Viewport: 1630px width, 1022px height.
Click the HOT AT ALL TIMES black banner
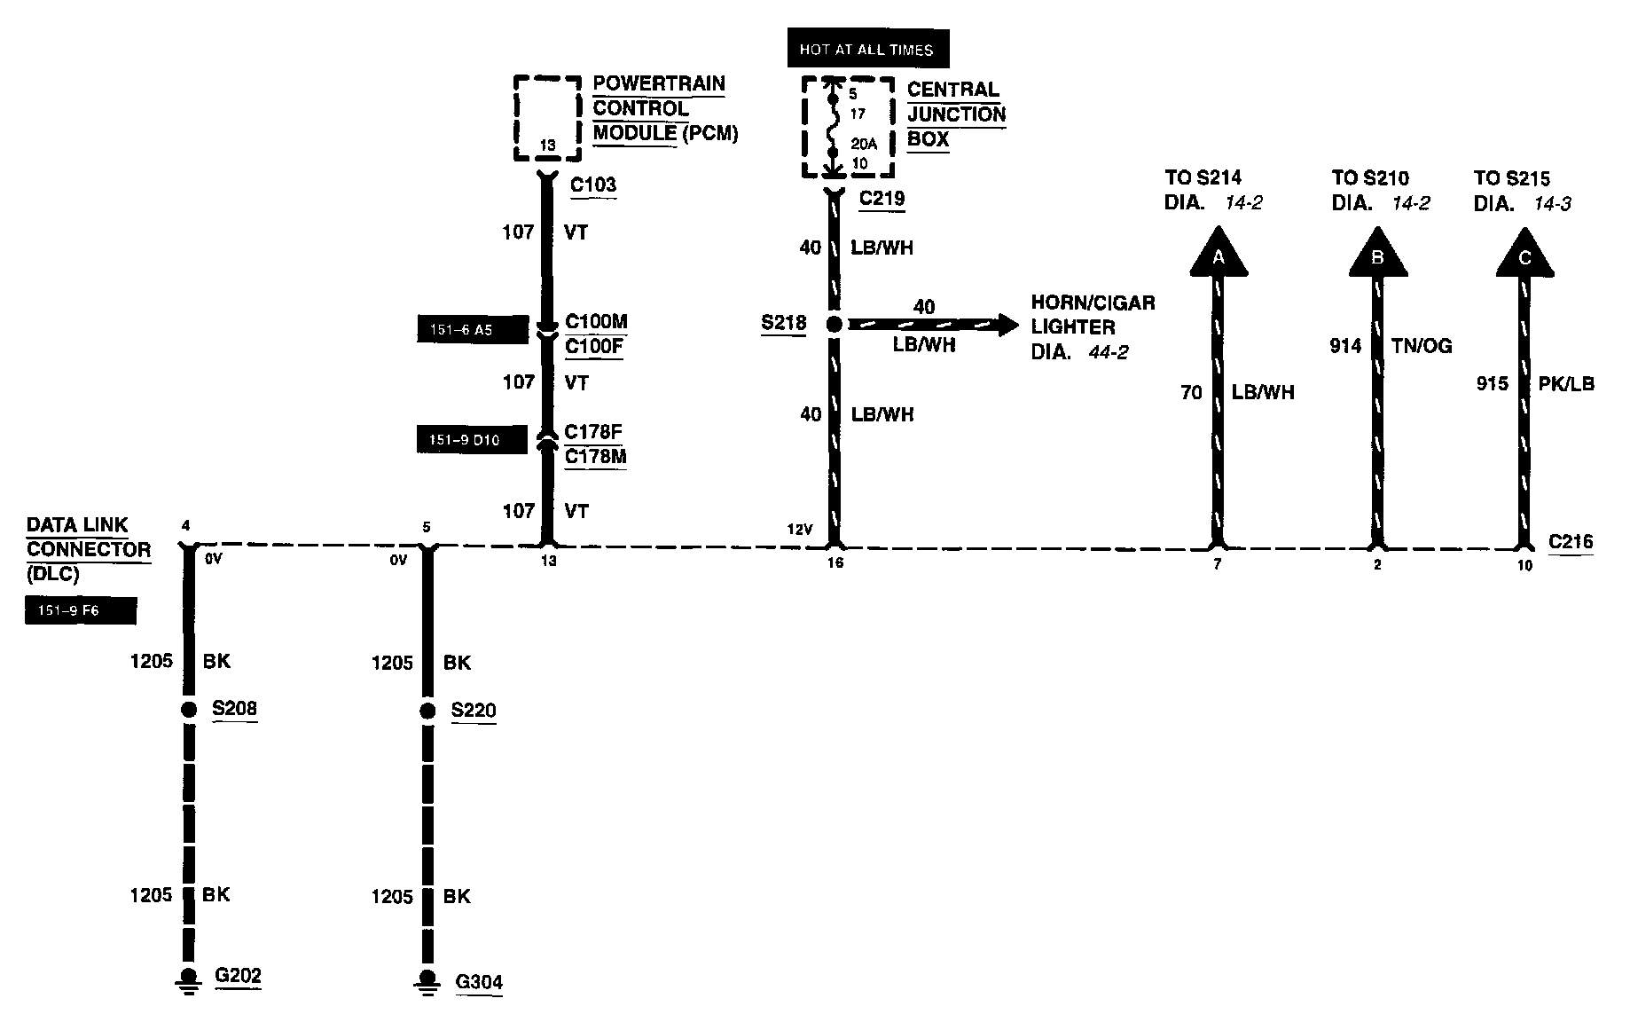coord(867,50)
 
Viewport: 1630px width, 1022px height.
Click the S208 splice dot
coord(188,709)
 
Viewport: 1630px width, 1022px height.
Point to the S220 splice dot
coord(427,711)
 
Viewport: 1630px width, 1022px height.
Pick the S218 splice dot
coord(834,325)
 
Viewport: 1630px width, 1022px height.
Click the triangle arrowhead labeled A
coord(1218,253)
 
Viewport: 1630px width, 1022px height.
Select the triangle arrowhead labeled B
coord(1377,254)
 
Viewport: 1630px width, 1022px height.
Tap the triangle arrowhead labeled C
coord(1524,254)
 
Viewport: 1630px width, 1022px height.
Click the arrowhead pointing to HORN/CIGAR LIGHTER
coord(1008,325)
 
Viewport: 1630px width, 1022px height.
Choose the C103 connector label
coord(592,185)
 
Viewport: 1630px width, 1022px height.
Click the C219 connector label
coord(882,198)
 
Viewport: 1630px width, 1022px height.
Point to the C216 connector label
coord(1571,541)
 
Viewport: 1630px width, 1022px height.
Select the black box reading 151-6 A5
coord(473,330)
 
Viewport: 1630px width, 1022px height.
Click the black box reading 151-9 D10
coord(472,440)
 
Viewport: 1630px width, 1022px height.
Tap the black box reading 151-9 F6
coord(81,610)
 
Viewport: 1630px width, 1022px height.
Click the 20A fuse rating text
coord(862,144)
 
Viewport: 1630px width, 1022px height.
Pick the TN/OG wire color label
coord(1422,346)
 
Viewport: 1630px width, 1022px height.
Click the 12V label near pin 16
coord(799,530)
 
